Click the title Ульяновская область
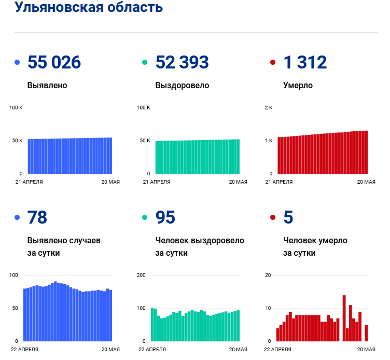tap(89, 7)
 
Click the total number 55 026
tap(54, 62)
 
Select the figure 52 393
tap(182, 62)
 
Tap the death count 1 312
tap(305, 62)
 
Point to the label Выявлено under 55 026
tap(47, 85)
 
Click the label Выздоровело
tap(182, 85)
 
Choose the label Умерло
tap(298, 85)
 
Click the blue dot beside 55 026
tap(17, 63)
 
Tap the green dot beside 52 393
tap(145, 63)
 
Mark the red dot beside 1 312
tap(273, 63)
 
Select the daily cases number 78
tap(37, 217)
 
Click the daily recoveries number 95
tap(165, 217)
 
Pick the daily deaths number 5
tap(288, 217)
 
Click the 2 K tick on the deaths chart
tap(269, 107)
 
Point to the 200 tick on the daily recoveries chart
tap(141, 275)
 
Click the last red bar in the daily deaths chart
tap(366, 333)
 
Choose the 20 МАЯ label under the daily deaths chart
tap(366, 350)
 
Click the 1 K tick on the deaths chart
tap(269, 141)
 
